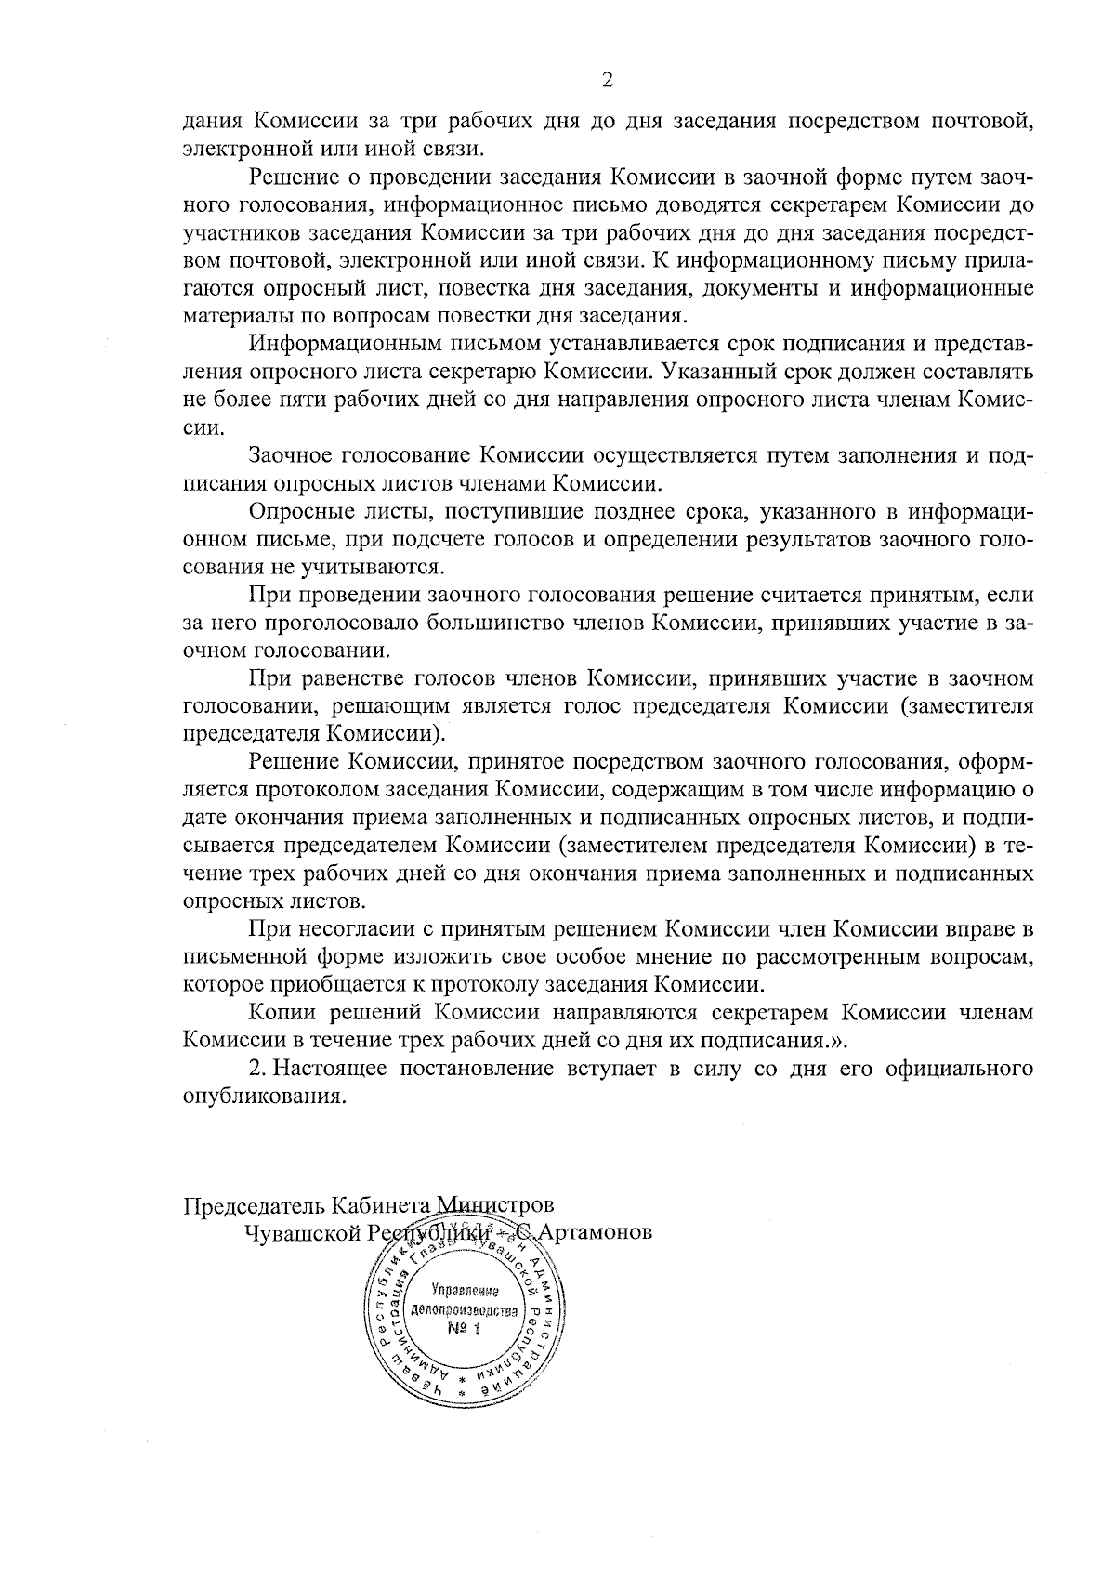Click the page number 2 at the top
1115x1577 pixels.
608,81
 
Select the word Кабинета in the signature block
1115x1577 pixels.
378,1204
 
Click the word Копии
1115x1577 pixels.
281,1012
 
